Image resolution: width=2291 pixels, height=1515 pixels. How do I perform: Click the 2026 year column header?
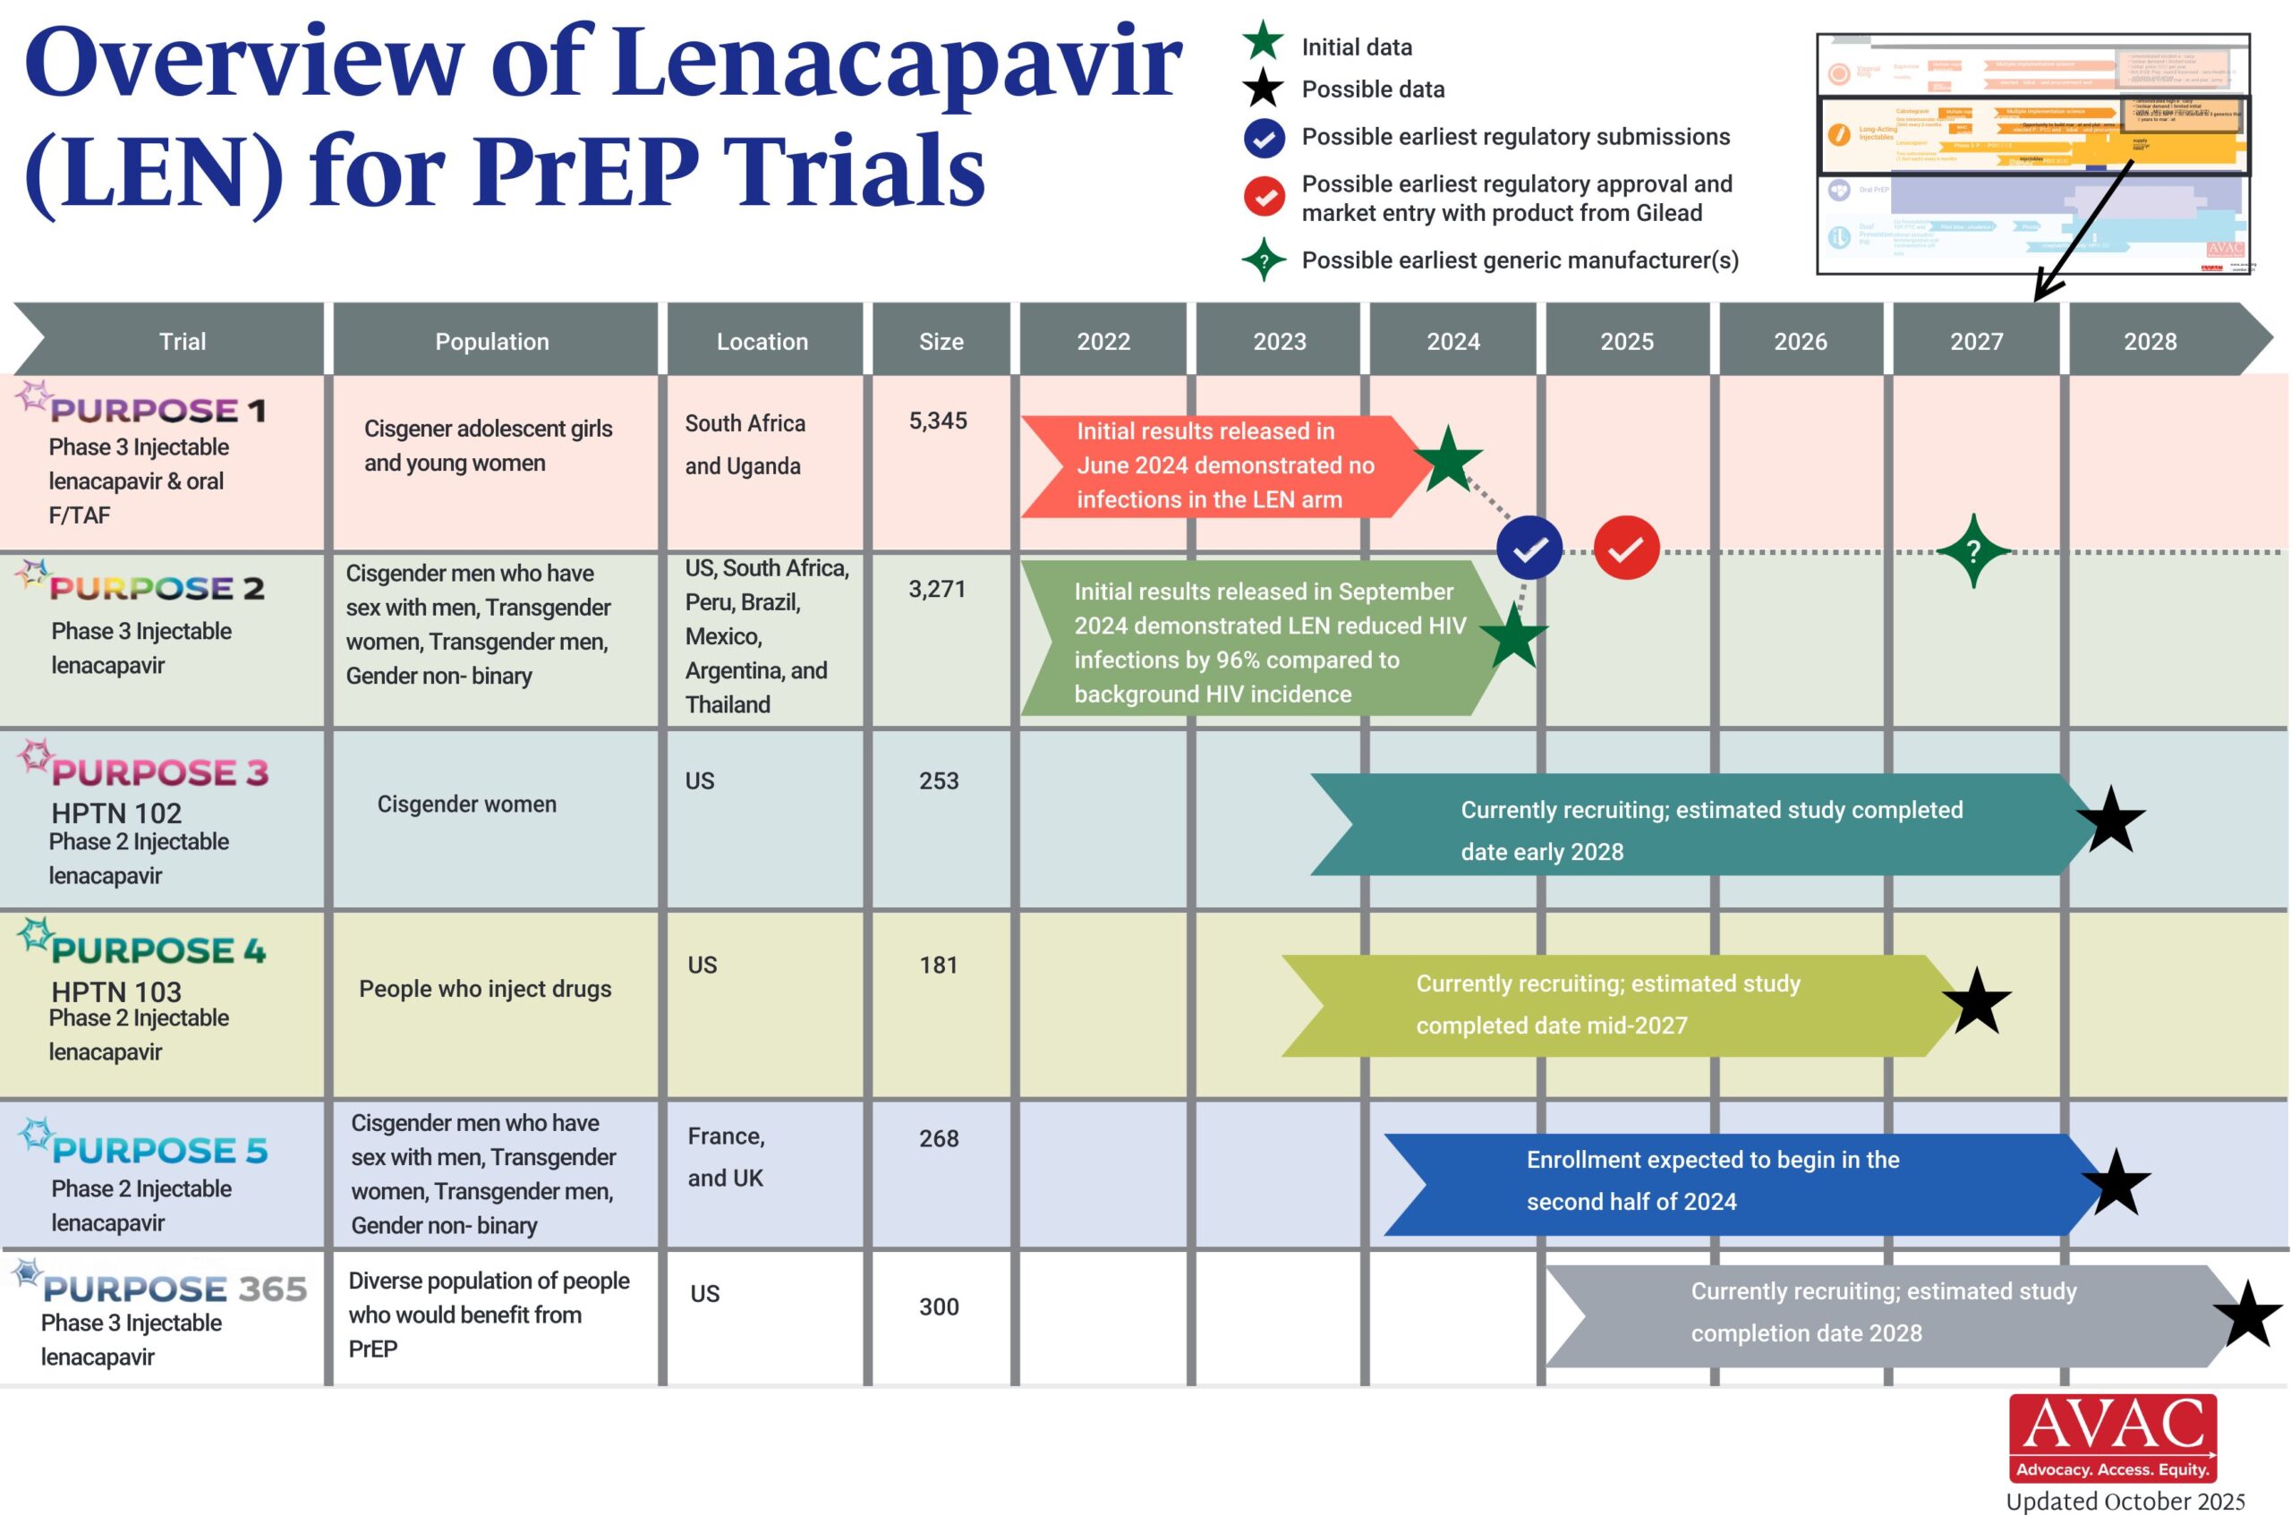(1801, 341)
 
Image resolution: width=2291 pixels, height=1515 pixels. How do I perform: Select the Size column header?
(941, 341)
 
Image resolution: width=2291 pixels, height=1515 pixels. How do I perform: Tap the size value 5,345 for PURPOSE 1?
(937, 421)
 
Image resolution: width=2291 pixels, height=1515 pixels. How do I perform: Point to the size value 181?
(938, 966)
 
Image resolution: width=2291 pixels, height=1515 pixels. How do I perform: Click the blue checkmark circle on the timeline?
(1529, 549)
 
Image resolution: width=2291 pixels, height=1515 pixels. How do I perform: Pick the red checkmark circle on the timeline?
(1626, 549)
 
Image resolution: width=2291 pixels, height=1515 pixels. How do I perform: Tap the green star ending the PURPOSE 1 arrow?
(1448, 459)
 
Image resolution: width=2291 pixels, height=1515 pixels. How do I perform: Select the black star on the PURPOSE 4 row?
(1977, 1002)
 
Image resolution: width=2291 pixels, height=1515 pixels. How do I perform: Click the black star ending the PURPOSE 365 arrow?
(2247, 1315)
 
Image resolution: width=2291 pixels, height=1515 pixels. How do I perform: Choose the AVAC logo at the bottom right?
(2113, 1438)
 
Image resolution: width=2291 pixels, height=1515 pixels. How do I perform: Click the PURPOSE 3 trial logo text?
(159, 772)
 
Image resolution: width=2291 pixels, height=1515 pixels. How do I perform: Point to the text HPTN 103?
(116, 992)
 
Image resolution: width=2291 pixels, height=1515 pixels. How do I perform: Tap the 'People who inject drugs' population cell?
(485, 989)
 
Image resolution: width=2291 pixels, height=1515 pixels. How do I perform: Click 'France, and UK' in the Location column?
(726, 1156)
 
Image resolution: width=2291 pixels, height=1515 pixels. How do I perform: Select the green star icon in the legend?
(1263, 43)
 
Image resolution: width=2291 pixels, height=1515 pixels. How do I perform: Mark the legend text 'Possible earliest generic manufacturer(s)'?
(1520, 260)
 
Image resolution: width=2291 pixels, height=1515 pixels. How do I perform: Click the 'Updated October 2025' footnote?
(2125, 1502)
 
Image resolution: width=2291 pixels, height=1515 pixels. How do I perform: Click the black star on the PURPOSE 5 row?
(2115, 1184)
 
